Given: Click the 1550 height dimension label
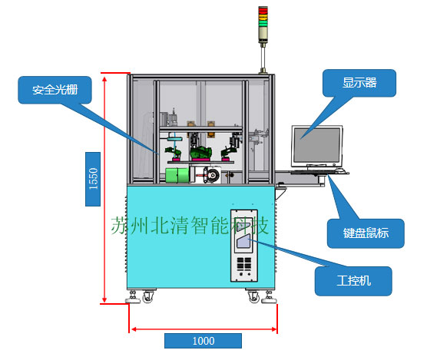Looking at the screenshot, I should (x=93, y=178).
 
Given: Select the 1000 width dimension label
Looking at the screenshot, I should (x=203, y=340).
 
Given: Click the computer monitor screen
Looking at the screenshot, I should (x=315, y=144).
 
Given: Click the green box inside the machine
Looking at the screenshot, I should (x=177, y=175).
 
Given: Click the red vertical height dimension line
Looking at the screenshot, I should (x=104, y=188).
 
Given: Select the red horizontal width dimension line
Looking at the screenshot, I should (x=203, y=329).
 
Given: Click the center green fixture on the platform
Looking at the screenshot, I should (x=201, y=153).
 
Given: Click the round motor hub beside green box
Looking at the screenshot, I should (x=207, y=176).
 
